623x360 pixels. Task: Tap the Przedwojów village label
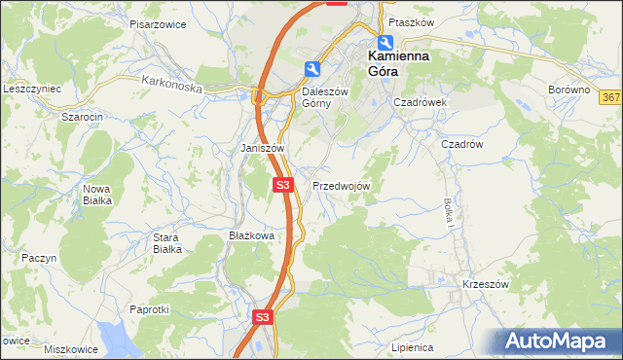coord(341,186)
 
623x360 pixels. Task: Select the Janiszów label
coord(262,149)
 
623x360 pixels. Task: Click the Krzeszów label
coord(487,284)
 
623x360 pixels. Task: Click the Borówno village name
coord(569,90)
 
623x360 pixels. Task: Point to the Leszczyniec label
coord(32,89)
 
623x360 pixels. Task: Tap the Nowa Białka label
coord(96,195)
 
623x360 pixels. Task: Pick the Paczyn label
coord(40,258)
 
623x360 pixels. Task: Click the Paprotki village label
coord(150,309)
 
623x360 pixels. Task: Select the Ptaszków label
coord(410,21)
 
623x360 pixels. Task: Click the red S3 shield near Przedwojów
coord(282,184)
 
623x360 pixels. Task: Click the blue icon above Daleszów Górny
coord(311,68)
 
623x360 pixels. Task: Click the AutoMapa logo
coord(558,341)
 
